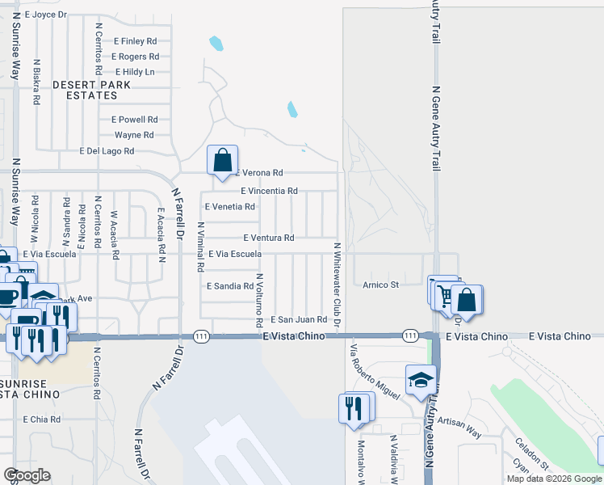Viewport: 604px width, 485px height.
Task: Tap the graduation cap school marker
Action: (421, 381)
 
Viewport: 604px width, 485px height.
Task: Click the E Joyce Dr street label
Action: (46, 15)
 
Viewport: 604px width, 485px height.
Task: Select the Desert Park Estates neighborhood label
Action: (86, 90)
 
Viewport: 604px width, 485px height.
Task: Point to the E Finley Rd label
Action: (135, 40)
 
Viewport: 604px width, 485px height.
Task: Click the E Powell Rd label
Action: (135, 119)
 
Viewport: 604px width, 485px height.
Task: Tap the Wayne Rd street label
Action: (134, 135)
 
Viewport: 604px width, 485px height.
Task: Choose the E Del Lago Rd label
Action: (107, 151)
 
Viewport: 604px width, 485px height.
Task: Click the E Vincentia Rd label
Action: (270, 191)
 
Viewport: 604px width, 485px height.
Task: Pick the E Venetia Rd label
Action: (230, 207)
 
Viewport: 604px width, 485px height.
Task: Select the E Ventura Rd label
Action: (269, 238)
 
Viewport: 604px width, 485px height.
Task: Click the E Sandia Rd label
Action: (231, 286)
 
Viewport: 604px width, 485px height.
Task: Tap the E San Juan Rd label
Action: (298, 320)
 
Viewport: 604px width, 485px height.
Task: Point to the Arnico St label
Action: (381, 285)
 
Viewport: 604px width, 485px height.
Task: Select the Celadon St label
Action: (532, 454)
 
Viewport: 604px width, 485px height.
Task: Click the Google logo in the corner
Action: (27, 475)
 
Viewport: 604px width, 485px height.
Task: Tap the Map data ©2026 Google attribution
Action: (553, 479)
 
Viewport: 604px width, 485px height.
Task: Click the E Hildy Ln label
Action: (135, 72)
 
